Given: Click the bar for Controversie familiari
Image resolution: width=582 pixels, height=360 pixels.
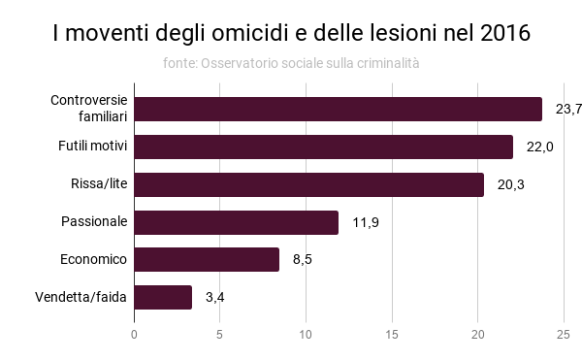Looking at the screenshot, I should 338,109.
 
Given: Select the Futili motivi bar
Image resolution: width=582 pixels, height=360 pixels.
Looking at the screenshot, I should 323,147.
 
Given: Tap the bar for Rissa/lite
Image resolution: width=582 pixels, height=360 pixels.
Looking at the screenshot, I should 308,184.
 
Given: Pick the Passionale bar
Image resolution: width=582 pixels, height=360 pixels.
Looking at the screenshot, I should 236,222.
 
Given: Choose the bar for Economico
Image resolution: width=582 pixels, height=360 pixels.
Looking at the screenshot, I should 207,259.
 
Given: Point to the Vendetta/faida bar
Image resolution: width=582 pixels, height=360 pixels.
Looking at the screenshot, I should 163,297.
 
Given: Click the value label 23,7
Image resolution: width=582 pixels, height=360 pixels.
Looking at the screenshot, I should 567,109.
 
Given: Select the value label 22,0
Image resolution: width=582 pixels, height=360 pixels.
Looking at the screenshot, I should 539,147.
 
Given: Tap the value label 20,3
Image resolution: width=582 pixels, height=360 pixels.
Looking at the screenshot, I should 510,184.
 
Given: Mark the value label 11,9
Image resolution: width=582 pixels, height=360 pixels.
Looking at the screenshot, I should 365,222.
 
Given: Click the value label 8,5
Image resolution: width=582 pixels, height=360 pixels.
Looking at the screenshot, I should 304,259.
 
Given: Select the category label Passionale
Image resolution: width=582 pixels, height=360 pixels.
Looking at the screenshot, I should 94,222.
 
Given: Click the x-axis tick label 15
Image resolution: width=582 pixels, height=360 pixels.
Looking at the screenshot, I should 392,336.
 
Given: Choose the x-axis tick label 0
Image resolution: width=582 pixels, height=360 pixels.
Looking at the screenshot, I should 134,336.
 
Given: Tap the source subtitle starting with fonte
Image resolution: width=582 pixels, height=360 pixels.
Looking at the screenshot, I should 291,64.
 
